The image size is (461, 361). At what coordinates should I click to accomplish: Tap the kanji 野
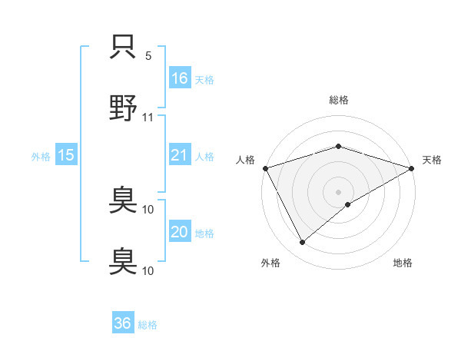(x=123, y=108)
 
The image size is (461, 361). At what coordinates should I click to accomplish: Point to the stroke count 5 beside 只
(x=148, y=56)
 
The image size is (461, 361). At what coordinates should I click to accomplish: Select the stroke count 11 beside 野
(x=148, y=118)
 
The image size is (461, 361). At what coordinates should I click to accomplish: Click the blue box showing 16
(x=180, y=78)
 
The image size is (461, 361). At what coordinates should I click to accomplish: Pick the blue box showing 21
(x=180, y=155)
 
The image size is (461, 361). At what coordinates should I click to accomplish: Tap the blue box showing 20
(x=180, y=233)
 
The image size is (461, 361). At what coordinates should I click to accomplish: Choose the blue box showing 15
(x=66, y=155)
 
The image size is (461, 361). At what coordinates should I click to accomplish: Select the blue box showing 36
(x=123, y=323)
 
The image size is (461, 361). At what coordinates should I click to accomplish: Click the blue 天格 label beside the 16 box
(x=204, y=79)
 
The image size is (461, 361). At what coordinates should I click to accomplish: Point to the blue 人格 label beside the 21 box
(x=204, y=157)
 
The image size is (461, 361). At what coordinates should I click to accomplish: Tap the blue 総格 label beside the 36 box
(x=148, y=325)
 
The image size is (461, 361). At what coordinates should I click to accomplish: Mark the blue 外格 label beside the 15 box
(x=41, y=157)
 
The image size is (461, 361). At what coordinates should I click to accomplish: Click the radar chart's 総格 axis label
(x=339, y=100)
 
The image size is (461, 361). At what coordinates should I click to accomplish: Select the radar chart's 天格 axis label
(x=432, y=160)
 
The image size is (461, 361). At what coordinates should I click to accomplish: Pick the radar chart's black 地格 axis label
(x=403, y=263)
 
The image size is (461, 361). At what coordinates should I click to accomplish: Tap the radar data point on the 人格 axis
(x=265, y=167)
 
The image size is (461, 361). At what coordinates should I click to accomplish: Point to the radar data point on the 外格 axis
(x=302, y=243)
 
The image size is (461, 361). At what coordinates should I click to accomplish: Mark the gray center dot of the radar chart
(x=339, y=191)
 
